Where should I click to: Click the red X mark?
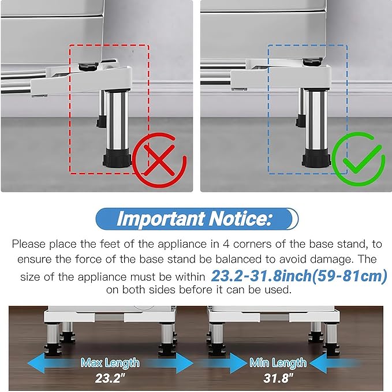pyautogui.click(x=159, y=160)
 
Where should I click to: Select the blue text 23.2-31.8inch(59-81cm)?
pyautogui.click(x=299, y=276)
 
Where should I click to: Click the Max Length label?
pyautogui.click(x=110, y=363)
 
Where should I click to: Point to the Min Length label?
pyautogui.click(x=278, y=363)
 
